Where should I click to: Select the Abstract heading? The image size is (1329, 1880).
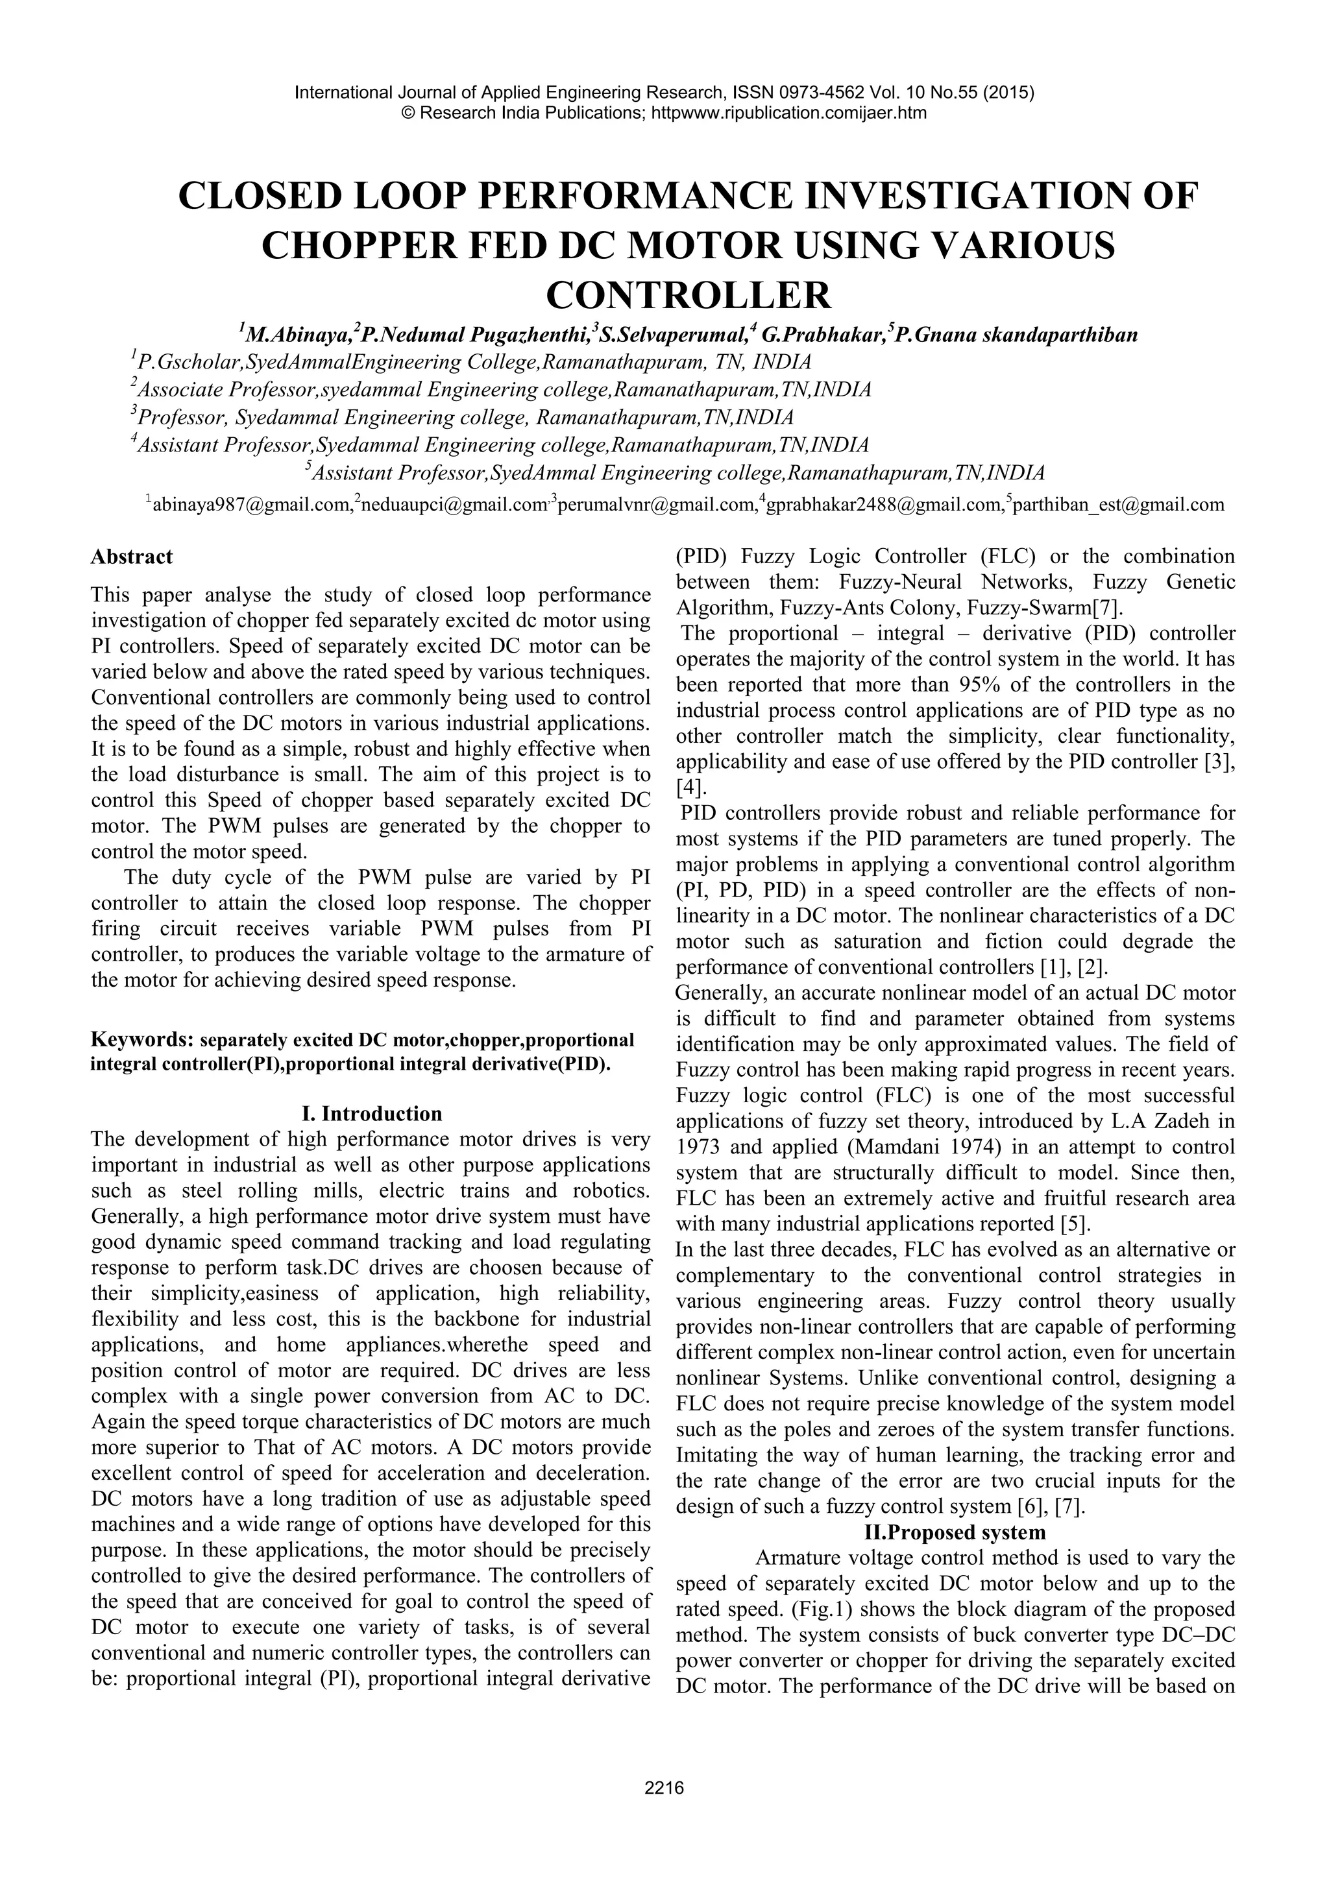click(x=132, y=557)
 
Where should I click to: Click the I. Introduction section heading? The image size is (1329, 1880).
click(x=371, y=1114)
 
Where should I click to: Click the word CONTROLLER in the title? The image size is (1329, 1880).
click(x=688, y=295)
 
